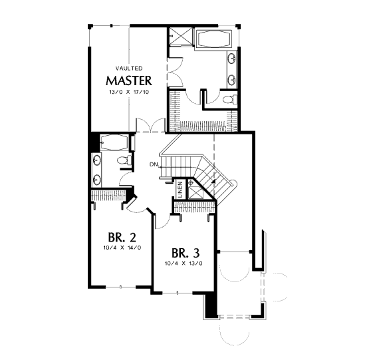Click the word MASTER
129,81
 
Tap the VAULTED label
129,69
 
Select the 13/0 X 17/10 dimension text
129,92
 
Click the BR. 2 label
122,237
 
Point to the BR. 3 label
186,253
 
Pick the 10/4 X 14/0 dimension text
122,248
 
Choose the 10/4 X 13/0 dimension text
184,264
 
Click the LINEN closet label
180,190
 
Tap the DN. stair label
154,164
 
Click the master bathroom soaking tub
213,39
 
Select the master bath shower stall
181,36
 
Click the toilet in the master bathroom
230,99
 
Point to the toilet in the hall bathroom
124,160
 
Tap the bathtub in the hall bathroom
114,142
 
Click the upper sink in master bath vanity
232,58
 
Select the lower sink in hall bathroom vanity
96,180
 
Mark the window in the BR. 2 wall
121,287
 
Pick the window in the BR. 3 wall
178,293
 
